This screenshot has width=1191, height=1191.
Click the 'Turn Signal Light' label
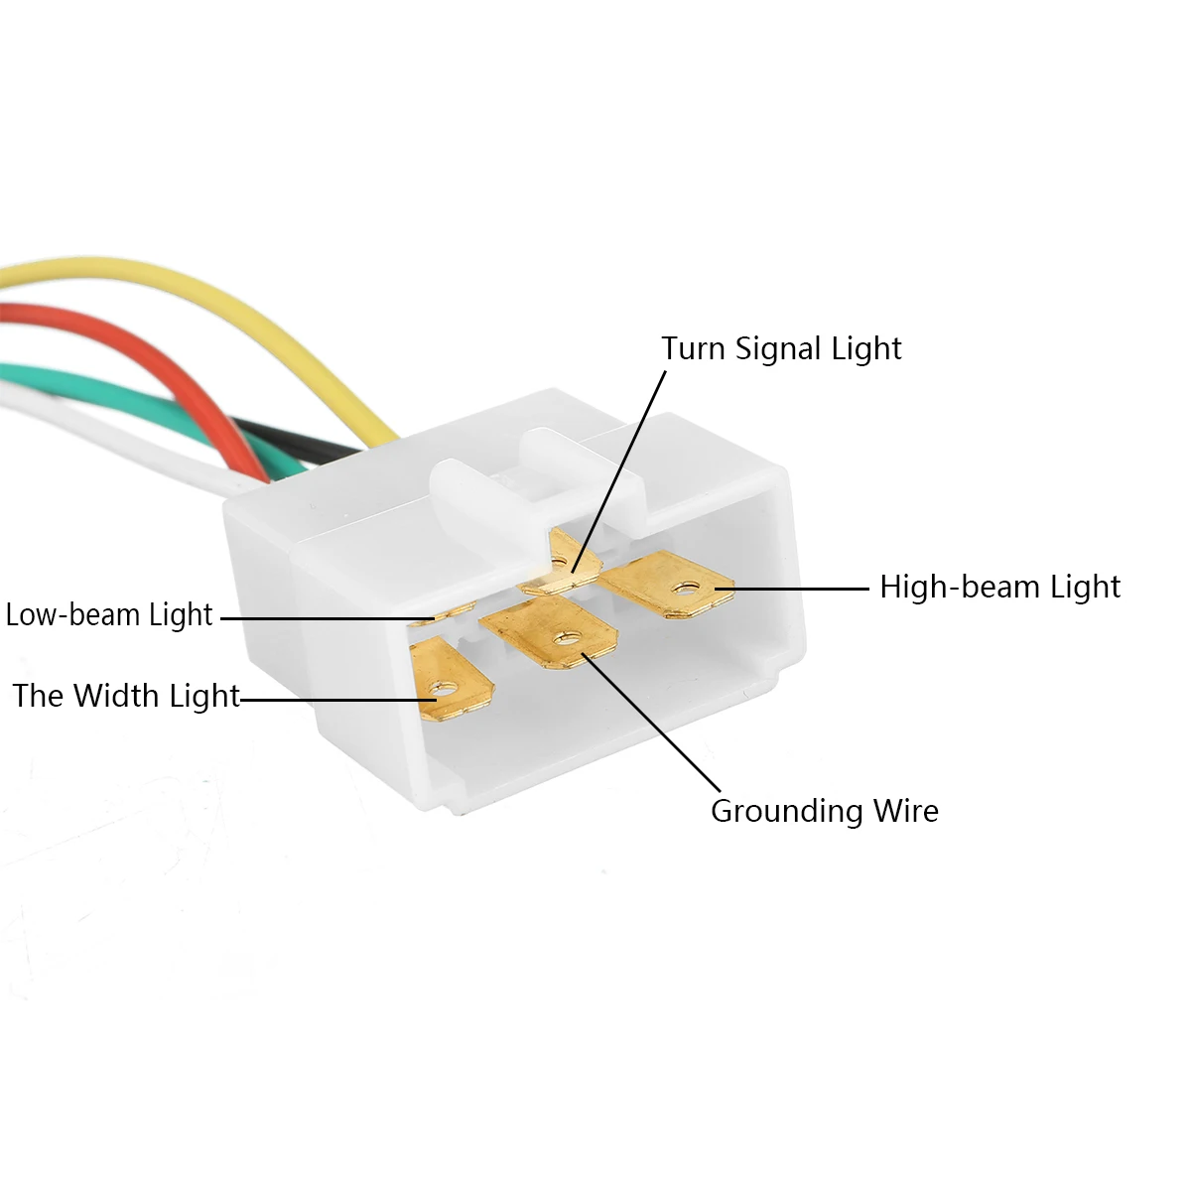[781, 348]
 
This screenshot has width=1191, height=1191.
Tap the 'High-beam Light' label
[999, 587]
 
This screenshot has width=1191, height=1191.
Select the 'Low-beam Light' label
[109, 615]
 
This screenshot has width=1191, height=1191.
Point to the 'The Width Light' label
[126, 696]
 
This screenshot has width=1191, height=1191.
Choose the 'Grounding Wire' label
[824, 811]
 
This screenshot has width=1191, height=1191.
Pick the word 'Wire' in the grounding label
[905, 811]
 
